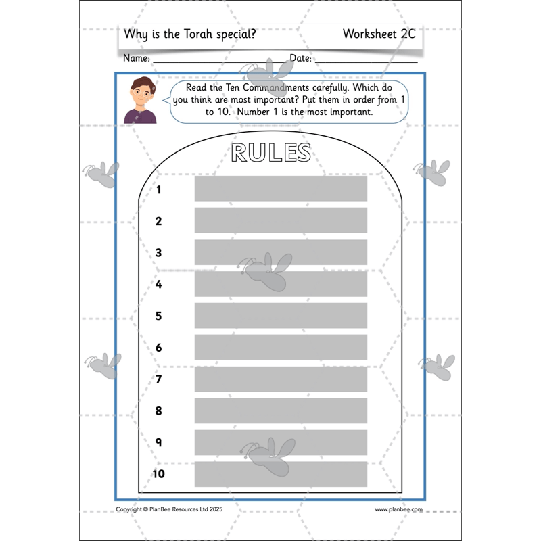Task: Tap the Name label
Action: (136, 59)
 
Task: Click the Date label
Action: (300, 59)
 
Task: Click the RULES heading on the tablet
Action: (270, 153)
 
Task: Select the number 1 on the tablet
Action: (159, 189)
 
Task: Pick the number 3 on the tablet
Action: (159, 252)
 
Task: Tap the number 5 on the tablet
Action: (159, 316)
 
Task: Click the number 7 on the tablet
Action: (159, 379)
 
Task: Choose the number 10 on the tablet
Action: (158, 473)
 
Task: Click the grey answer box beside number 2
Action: (281, 220)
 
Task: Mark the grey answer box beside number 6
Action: (281, 347)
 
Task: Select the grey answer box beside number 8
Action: (281, 410)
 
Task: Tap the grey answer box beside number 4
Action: (281, 284)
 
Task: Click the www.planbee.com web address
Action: (398, 509)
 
